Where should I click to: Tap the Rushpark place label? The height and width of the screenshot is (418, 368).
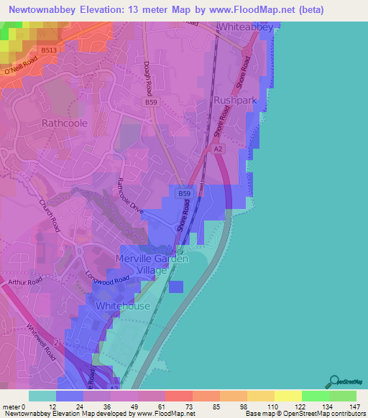click(x=236, y=101)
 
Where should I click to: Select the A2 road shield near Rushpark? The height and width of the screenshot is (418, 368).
click(x=219, y=149)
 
